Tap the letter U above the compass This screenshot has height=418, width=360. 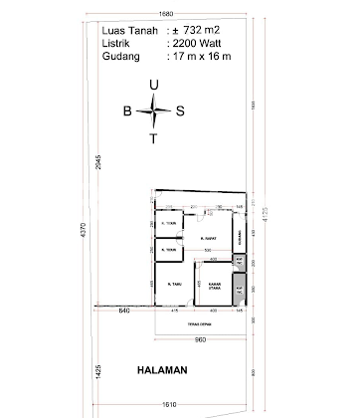[152, 87]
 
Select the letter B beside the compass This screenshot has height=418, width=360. [126, 111]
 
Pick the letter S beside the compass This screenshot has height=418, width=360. [180, 111]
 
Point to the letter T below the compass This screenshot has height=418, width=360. [152, 138]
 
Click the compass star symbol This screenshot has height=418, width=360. [152, 111]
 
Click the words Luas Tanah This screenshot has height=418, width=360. [127, 30]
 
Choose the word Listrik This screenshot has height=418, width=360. [118, 43]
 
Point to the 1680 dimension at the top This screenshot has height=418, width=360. [166, 14]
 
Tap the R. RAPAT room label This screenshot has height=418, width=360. [209, 239]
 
